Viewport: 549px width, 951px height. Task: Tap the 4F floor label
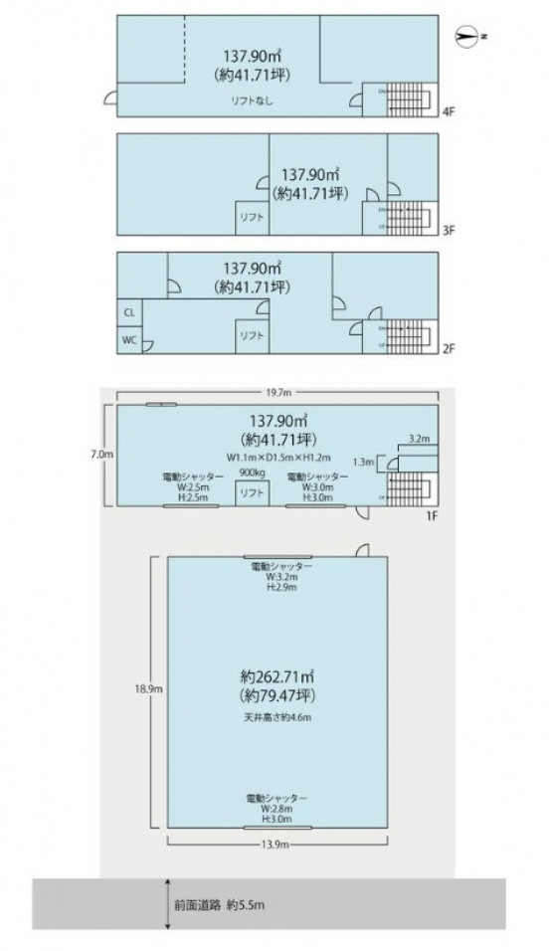tap(449, 112)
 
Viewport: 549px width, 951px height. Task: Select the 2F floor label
tap(449, 349)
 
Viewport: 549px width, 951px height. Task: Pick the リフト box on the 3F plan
tap(251, 218)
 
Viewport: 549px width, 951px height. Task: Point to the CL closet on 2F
tap(129, 311)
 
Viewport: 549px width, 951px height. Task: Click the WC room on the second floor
tap(129, 339)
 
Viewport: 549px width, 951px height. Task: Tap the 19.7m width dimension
tap(277, 393)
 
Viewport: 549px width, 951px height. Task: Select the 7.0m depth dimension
tap(98, 454)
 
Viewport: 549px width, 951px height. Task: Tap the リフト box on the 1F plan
tap(250, 492)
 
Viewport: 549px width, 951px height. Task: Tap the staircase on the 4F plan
tap(406, 98)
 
